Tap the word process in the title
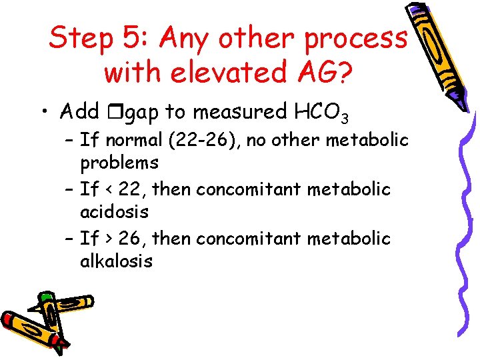click(355, 39)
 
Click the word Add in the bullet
click(79, 111)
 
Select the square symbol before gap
click(110, 112)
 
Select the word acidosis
click(114, 213)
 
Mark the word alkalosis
click(117, 261)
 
